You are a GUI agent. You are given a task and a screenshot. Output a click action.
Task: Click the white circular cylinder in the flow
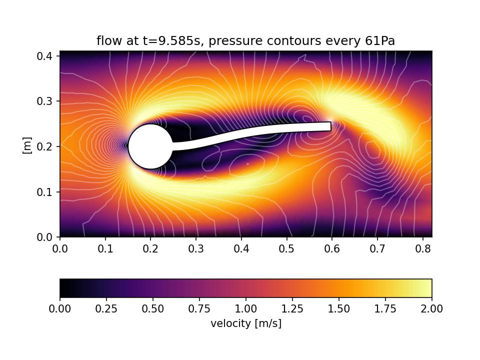[x=150, y=146]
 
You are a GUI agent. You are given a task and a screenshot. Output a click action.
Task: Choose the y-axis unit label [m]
[x=27, y=145]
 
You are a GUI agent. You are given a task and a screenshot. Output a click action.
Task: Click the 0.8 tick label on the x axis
[x=422, y=248]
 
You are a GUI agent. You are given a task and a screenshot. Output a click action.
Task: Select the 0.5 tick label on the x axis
[x=286, y=248]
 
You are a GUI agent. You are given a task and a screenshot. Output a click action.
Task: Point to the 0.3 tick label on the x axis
[x=196, y=248]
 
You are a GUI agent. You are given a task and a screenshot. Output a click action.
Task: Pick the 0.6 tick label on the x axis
[x=331, y=248]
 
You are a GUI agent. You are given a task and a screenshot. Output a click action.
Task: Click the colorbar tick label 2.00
[x=431, y=309]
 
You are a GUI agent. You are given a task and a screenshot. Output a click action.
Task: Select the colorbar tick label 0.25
[x=106, y=309]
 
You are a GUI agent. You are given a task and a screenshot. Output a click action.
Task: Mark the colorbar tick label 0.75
[x=199, y=309]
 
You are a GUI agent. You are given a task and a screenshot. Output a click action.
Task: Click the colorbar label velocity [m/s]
[x=246, y=323]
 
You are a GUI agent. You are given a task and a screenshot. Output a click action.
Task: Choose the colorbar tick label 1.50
[x=338, y=309]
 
